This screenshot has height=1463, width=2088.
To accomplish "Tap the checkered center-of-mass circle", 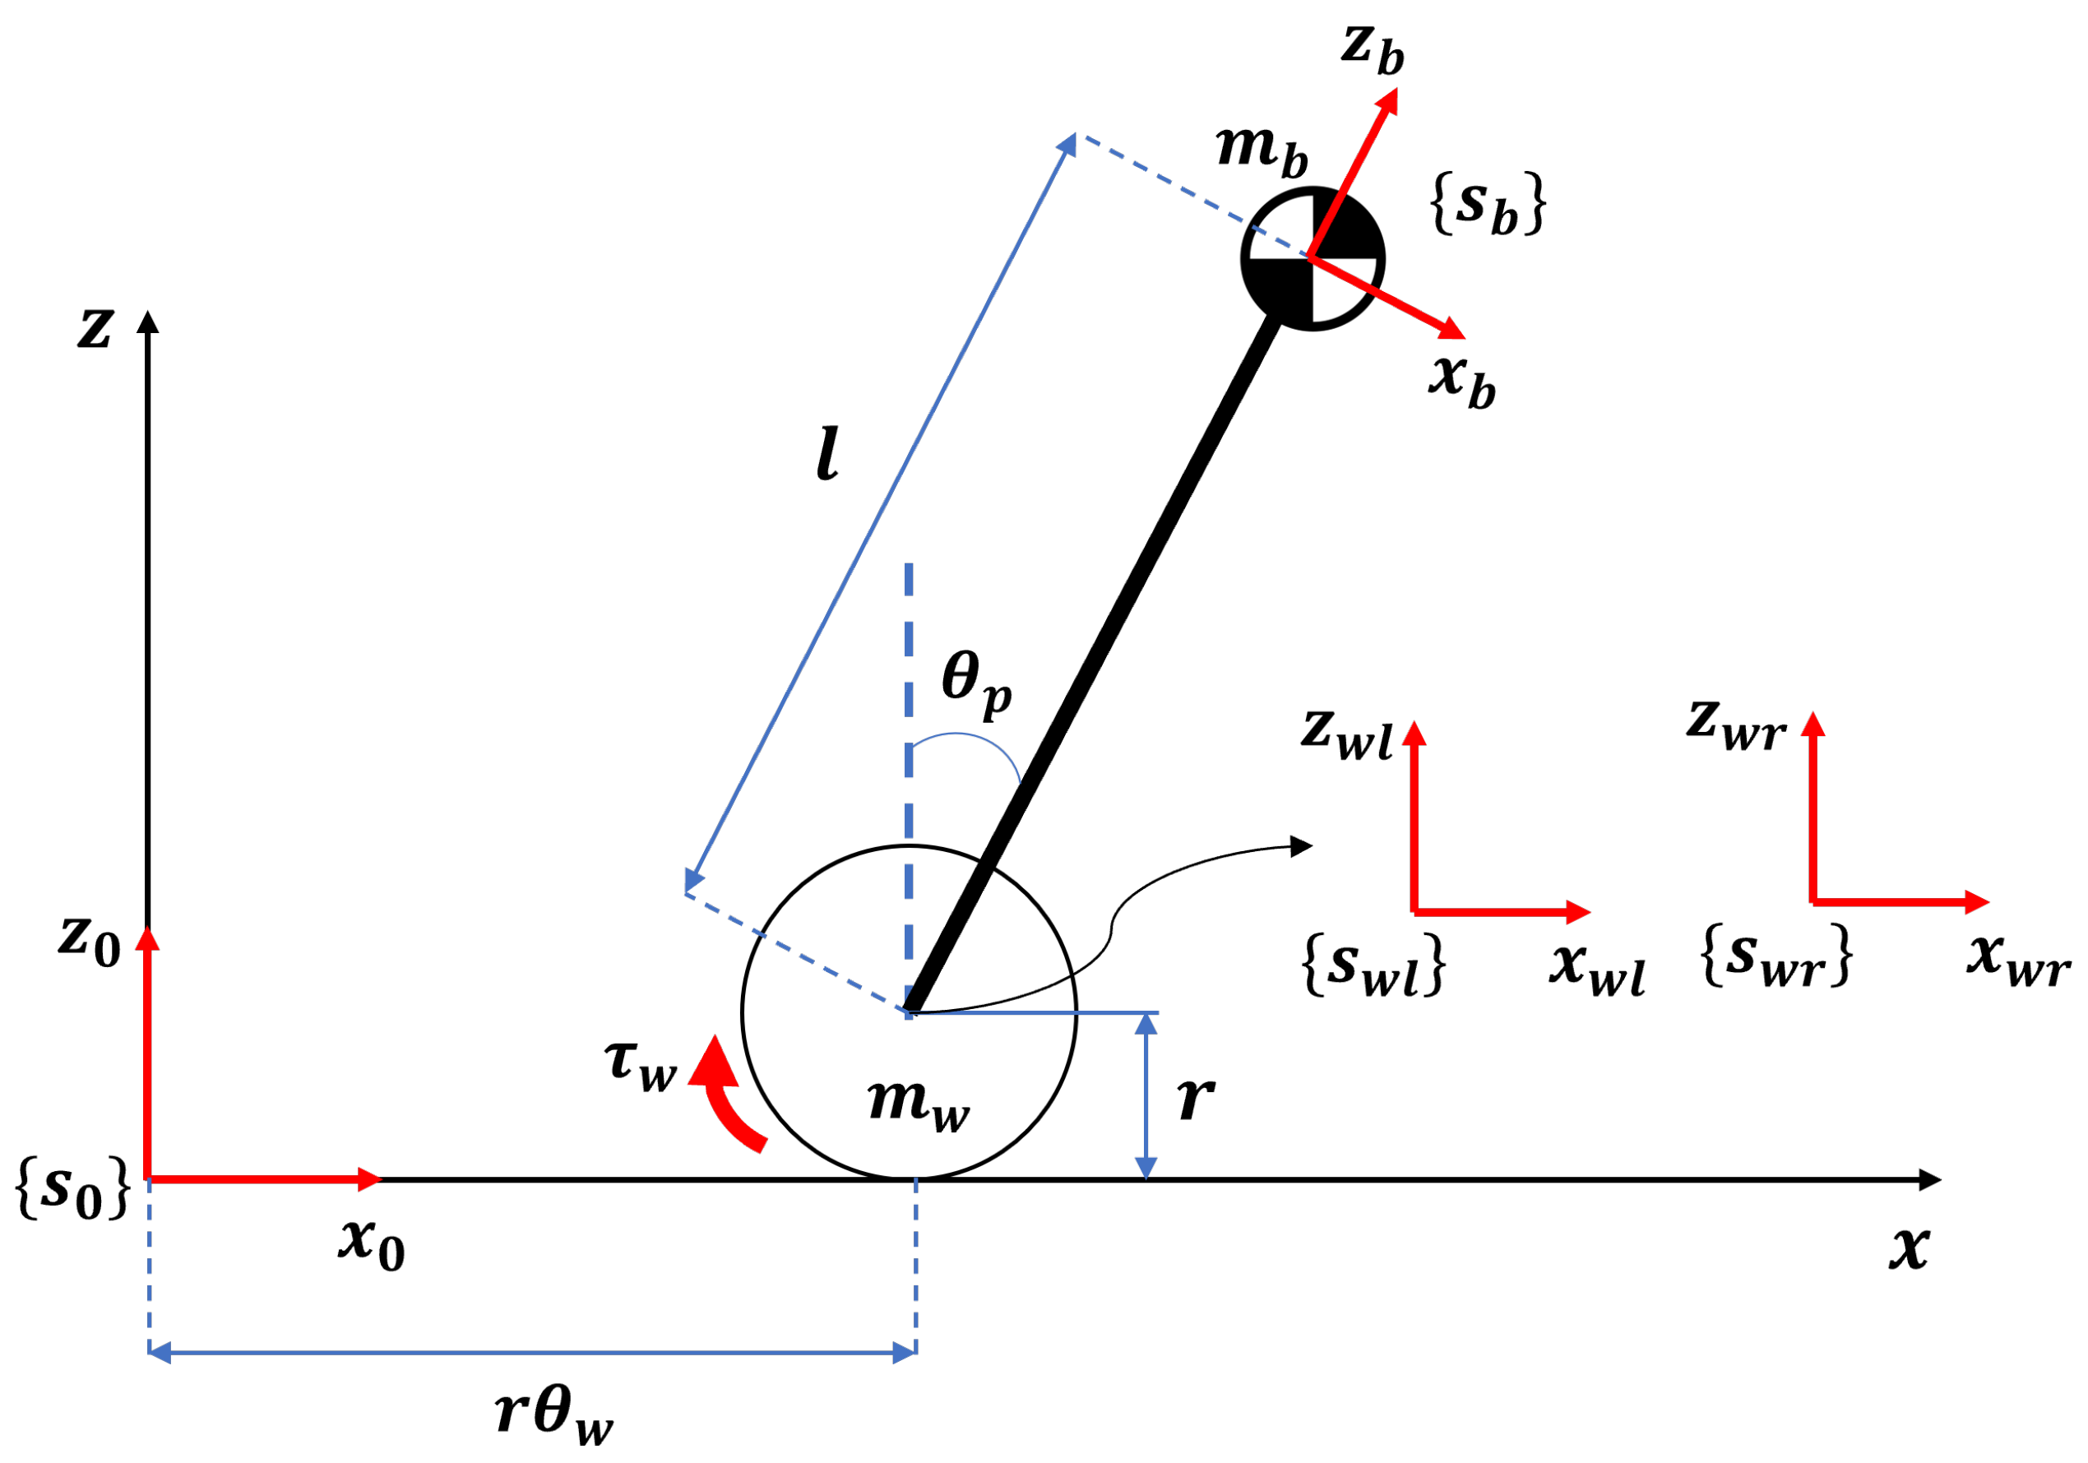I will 1313,258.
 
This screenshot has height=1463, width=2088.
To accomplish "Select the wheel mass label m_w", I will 919,1103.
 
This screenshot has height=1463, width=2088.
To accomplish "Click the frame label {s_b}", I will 1488,205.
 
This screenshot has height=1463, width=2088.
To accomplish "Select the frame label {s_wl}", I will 1374,965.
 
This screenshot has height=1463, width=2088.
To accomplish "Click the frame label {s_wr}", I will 1776,956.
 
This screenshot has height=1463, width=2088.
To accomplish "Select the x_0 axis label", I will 371,1243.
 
